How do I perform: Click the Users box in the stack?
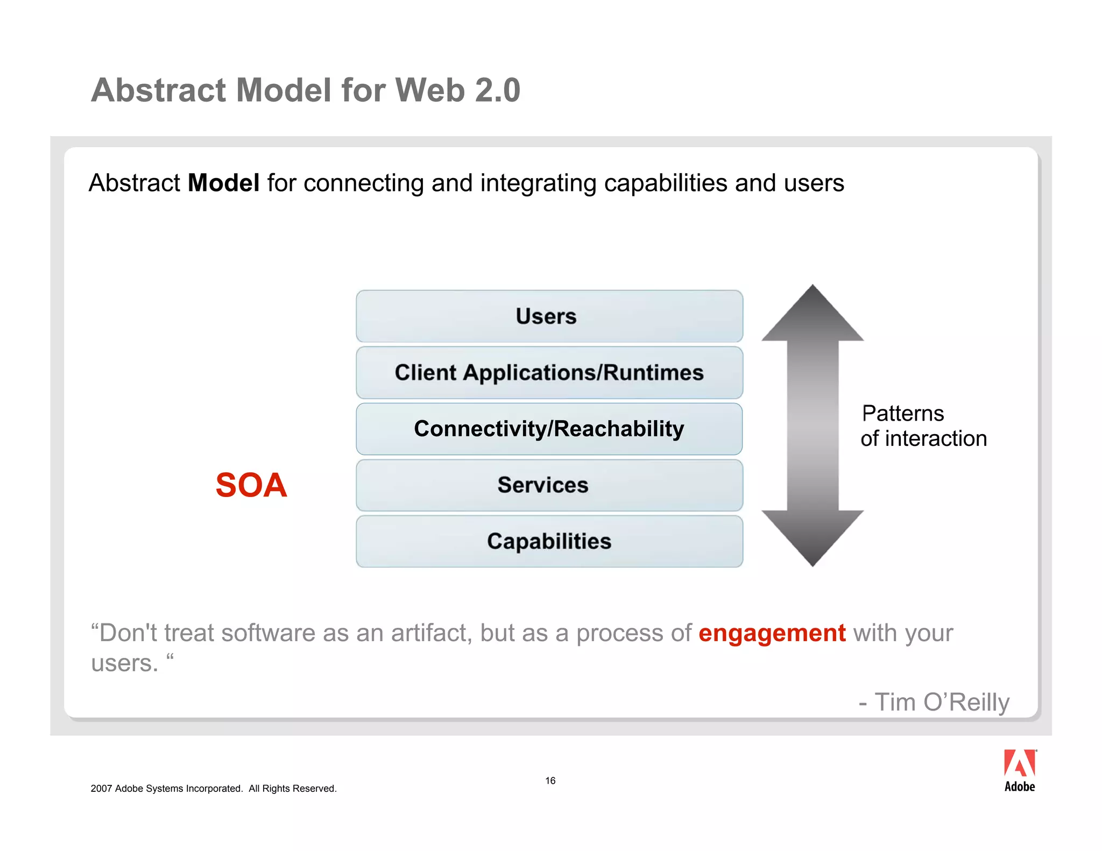[549, 316]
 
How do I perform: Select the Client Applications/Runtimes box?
[549, 373]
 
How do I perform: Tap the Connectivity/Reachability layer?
[549, 429]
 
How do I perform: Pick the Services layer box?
[549, 485]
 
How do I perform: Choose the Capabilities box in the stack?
[549, 541]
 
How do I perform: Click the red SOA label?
[251, 485]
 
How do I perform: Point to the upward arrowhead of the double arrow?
[812, 315]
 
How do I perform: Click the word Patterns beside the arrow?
[902, 414]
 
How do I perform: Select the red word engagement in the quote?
[772, 633]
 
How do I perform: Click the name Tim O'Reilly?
[941, 703]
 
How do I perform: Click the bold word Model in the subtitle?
[223, 183]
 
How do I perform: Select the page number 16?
[550, 781]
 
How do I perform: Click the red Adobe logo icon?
[1019, 764]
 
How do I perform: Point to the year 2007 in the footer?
[101, 789]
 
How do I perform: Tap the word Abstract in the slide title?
[158, 90]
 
